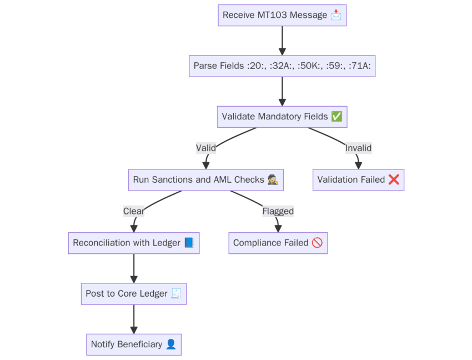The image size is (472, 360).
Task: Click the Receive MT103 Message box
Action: pyautogui.click(x=282, y=15)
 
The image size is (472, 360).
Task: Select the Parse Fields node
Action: pyautogui.click(x=282, y=66)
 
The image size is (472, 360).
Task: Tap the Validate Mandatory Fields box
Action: pyautogui.click(x=282, y=117)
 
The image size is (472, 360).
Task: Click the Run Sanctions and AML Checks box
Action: pyautogui.click(x=205, y=180)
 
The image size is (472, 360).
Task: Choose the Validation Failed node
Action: pyautogui.click(x=358, y=180)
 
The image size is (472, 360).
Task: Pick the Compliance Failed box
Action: pyautogui.click(x=278, y=243)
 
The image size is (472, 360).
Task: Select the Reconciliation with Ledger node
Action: pyautogui.click(x=133, y=243)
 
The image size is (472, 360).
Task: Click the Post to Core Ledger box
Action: pyautogui.click(x=133, y=293)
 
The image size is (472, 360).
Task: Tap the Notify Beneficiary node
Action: pyautogui.click(x=133, y=344)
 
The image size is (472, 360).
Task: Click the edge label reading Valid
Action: pyautogui.click(x=206, y=148)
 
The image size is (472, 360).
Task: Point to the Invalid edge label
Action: pyautogui.click(x=358, y=148)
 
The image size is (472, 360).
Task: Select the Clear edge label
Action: pyautogui.click(x=133, y=211)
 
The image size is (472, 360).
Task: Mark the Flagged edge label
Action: pyautogui.click(x=278, y=211)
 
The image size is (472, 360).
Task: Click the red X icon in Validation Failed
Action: pyautogui.click(x=394, y=180)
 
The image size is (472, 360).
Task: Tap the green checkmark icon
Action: pyautogui.click(x=337, y=117)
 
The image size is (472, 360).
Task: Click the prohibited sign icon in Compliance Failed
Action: pyautogui.click(x=317, y=243)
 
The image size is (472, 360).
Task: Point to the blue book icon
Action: pyautogui.click(x=189, y=243)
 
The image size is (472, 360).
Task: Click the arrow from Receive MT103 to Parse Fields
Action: pyautogui.click(x=282, y=40)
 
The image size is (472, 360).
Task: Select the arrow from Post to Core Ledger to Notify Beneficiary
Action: pyautogui.click(x=133, y=319)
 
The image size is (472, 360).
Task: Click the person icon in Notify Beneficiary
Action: pyautogui.click(x=171, y=344)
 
